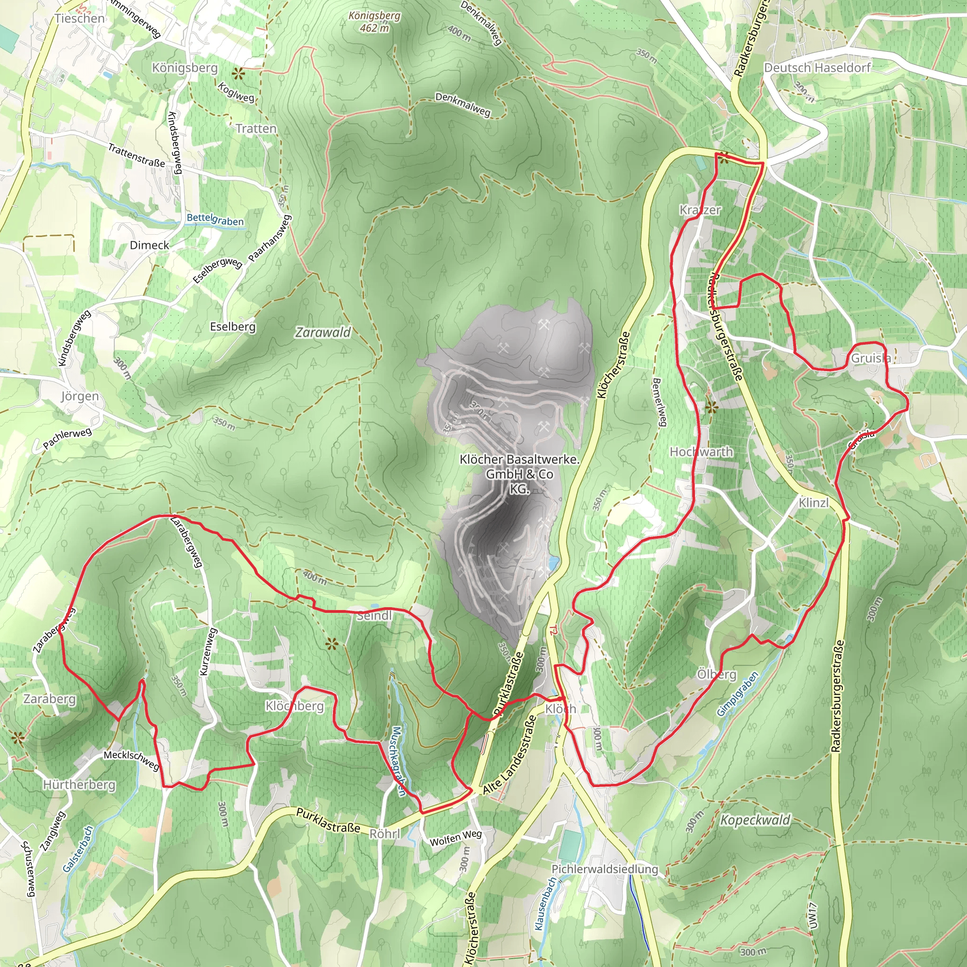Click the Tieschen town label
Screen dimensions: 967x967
[80, 18]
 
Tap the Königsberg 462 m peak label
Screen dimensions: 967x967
[374, 22]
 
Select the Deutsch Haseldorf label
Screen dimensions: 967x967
[817, 68]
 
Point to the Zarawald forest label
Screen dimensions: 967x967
[323, 332]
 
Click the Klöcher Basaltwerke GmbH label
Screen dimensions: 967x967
[519, 474]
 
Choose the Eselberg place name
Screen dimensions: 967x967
[233, 327]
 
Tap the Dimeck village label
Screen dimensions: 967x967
[149, 245]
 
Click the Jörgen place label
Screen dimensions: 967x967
[80, 397]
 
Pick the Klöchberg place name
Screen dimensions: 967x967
[294, 706]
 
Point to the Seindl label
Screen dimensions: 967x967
[374, 616]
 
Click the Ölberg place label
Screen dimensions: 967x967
[717, 674]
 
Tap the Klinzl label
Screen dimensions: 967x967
[814, 502]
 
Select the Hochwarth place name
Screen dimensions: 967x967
[701, 452]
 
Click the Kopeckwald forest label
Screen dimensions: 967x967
[755, 820]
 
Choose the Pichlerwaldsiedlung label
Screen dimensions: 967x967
[605, 869]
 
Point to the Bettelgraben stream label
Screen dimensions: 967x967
[215, 219]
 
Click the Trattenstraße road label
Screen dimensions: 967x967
[136, 155]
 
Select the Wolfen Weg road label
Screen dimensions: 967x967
[456, 838]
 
